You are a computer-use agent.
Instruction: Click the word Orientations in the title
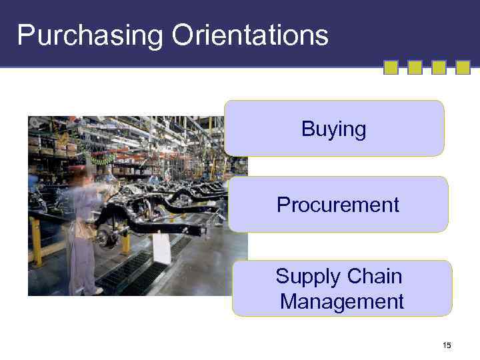(250, 35)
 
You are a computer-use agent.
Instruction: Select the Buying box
(333, 129)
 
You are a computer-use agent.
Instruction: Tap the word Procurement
(337, 205)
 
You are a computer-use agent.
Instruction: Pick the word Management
(341, 301)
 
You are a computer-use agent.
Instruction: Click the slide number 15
(446, 345)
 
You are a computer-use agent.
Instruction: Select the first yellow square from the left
(391, 67)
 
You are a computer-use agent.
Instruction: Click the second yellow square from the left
(415, 67)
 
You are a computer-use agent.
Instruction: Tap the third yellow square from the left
(439, 67)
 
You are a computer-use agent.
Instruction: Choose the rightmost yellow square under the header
(463, 67)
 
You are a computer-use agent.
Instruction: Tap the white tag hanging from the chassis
(161, 247)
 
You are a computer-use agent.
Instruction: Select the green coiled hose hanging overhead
(100, 159)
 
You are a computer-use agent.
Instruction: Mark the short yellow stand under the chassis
(125, 243)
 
